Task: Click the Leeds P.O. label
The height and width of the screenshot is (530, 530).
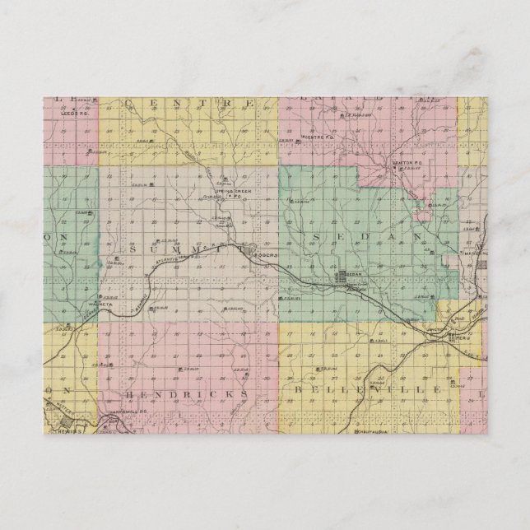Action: click(x=74, y=114)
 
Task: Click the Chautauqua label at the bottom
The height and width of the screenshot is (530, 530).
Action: click(x=368, y=432)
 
